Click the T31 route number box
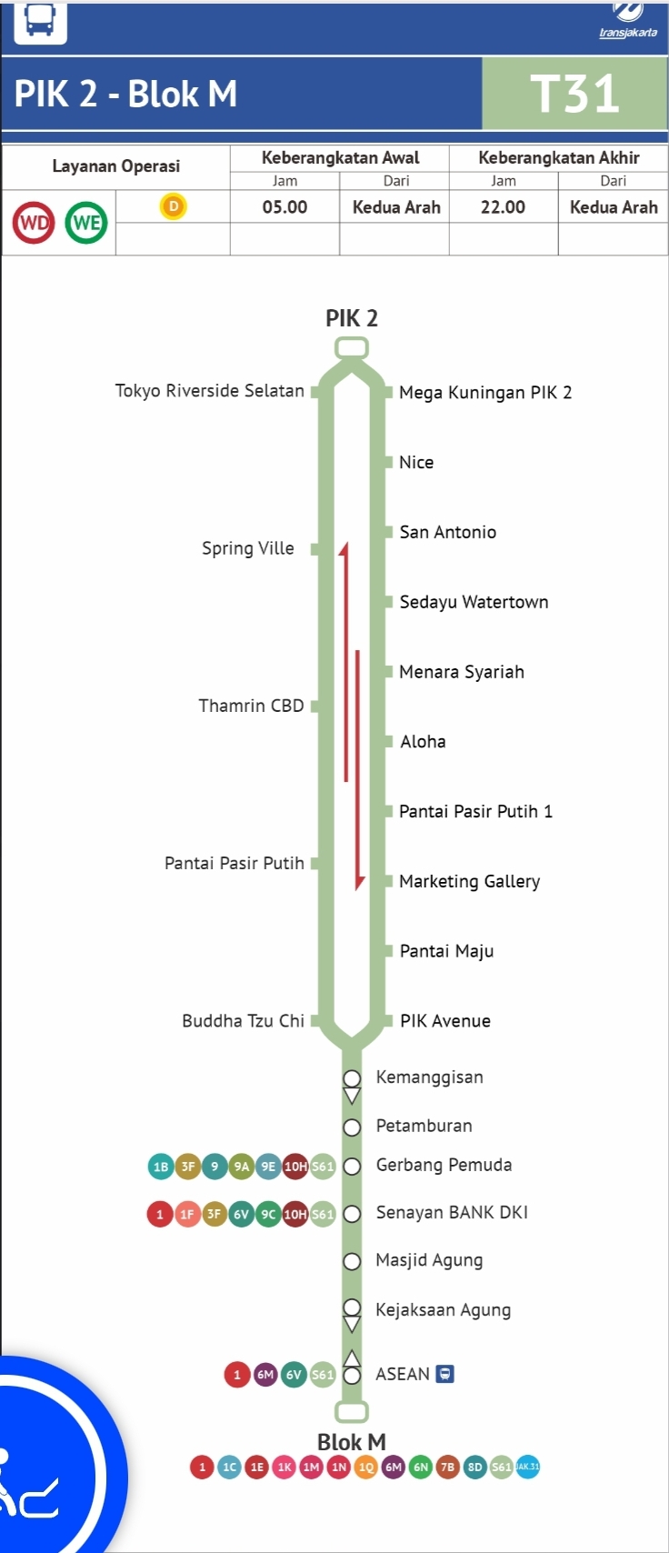574,93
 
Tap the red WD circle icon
34,223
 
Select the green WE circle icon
86,223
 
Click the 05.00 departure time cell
285,206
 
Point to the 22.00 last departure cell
504,206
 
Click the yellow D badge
174,205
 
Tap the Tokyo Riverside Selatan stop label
209,390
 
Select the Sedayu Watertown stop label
474,602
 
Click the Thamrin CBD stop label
251,706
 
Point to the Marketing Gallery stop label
469,881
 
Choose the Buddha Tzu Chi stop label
243,1020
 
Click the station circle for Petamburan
352,1127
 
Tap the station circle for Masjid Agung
352,1261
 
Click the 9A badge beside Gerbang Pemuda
241,1167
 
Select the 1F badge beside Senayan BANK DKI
187,1214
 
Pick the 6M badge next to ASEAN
265,1374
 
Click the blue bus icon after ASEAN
444,1374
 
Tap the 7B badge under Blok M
448,1467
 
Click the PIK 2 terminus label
352,318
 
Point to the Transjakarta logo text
628,33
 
